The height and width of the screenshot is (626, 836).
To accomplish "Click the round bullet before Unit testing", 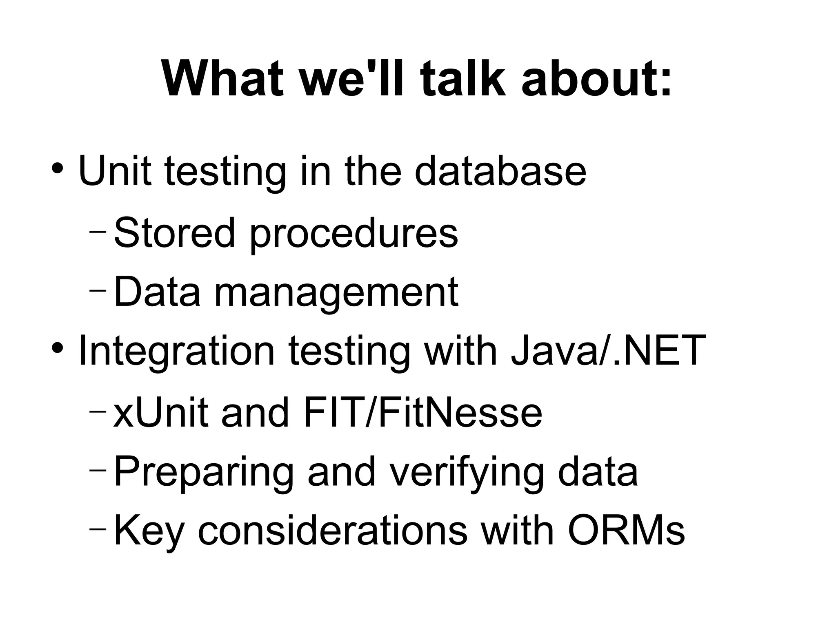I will pos(57,168).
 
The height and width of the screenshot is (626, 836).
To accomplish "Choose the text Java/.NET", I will pos(608,350).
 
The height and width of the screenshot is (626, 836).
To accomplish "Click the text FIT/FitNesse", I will pos(422,412).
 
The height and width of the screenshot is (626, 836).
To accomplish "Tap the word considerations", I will pos(333,531).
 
